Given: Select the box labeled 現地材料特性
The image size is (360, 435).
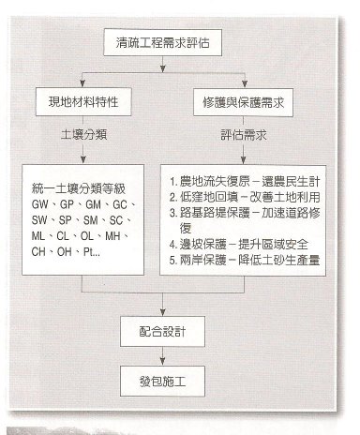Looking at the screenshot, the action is point(82,97).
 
